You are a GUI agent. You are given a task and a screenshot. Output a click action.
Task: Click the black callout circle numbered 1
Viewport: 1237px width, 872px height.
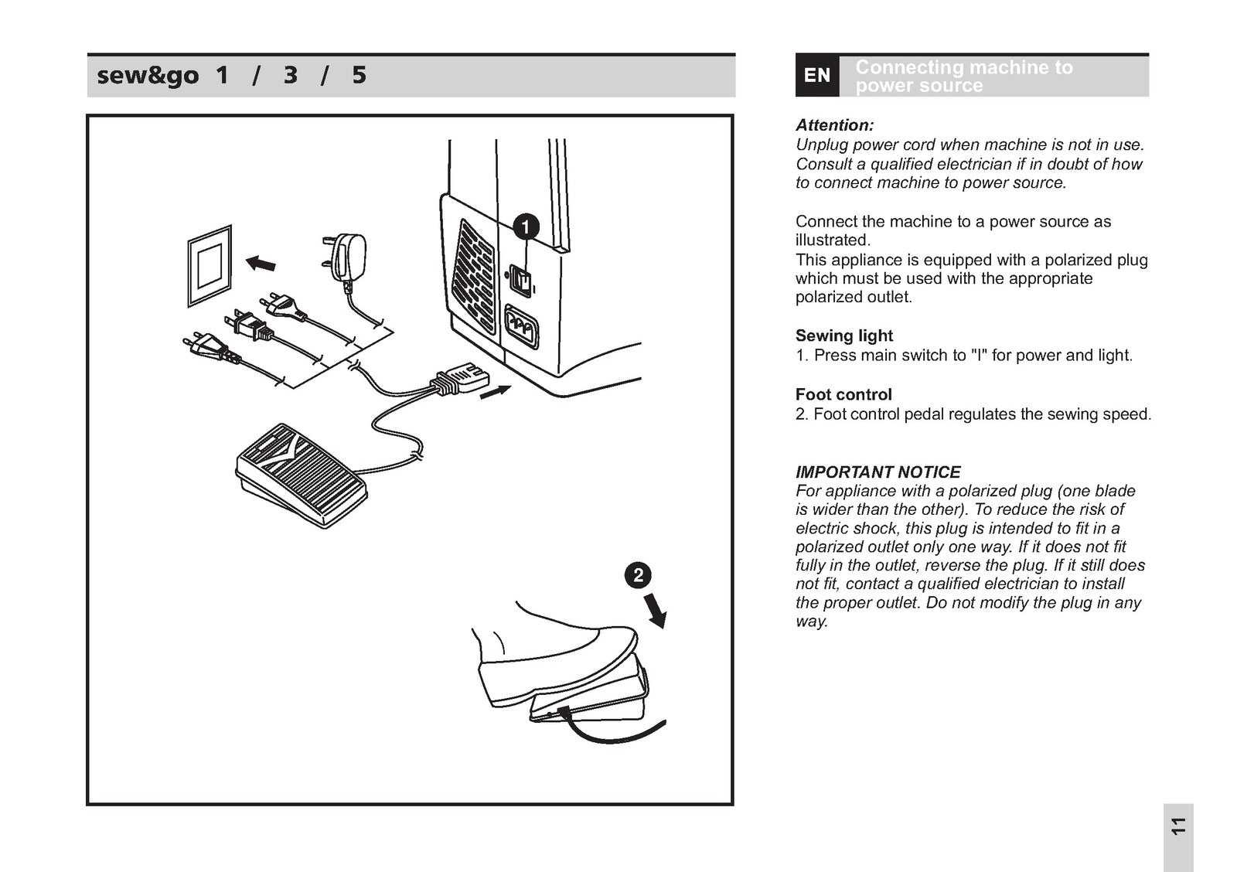[x=526, y=227]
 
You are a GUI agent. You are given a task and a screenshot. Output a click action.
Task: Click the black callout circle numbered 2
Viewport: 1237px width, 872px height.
[x=638, y=575]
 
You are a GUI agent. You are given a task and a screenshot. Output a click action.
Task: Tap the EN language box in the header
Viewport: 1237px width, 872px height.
[x=817, y=76]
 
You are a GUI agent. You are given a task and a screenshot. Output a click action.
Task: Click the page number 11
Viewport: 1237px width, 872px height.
[x=1177, y=826]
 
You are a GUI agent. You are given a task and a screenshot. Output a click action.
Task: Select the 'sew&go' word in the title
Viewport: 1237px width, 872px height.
[x=147, y=76]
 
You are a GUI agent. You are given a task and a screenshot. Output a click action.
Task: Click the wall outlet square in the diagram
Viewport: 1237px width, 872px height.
[x=210, y=265]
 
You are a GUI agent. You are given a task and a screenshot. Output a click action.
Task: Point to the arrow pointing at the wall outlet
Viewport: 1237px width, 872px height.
[x=261, y=264]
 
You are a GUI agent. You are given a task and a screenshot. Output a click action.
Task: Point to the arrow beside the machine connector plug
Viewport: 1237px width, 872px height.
[x=495, y=392]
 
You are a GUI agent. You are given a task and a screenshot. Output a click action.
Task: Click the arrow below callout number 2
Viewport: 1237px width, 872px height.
[x=656, y=614]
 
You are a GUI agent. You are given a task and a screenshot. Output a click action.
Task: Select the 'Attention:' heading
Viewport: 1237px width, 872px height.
[x=835, y=125]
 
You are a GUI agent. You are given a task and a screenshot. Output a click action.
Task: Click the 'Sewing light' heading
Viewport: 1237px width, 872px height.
[x=843, y=336]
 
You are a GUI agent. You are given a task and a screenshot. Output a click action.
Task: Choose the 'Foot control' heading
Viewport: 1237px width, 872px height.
[x=843, y=394]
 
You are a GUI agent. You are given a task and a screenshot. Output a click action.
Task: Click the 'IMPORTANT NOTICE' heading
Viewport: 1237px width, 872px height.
[x=877, y=472]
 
